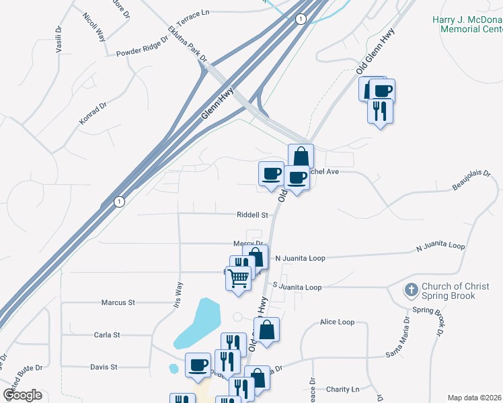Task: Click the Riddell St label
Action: pyautogui.click(x=252, y=216)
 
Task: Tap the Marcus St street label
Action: pyautogui.click(x=118, y=303)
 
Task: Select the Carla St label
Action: pyautogui.click(x=107, y=334)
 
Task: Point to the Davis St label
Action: pyautogui.click(x=104, y=367)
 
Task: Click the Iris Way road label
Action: pyautogui.click(x=178, y=295)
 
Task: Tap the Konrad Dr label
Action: pyautogui.click(x=93, y=113)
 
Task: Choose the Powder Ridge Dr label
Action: pyautogui.click(x=141, y=52)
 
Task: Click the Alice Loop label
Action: pyautogui.click(x=337, y=322)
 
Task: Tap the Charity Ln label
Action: pyautogui.click(x=343, y=390)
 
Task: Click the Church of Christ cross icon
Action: pyautogui.click(x=411, y=290)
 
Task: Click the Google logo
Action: pyautogui.click(x=22, y=395)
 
